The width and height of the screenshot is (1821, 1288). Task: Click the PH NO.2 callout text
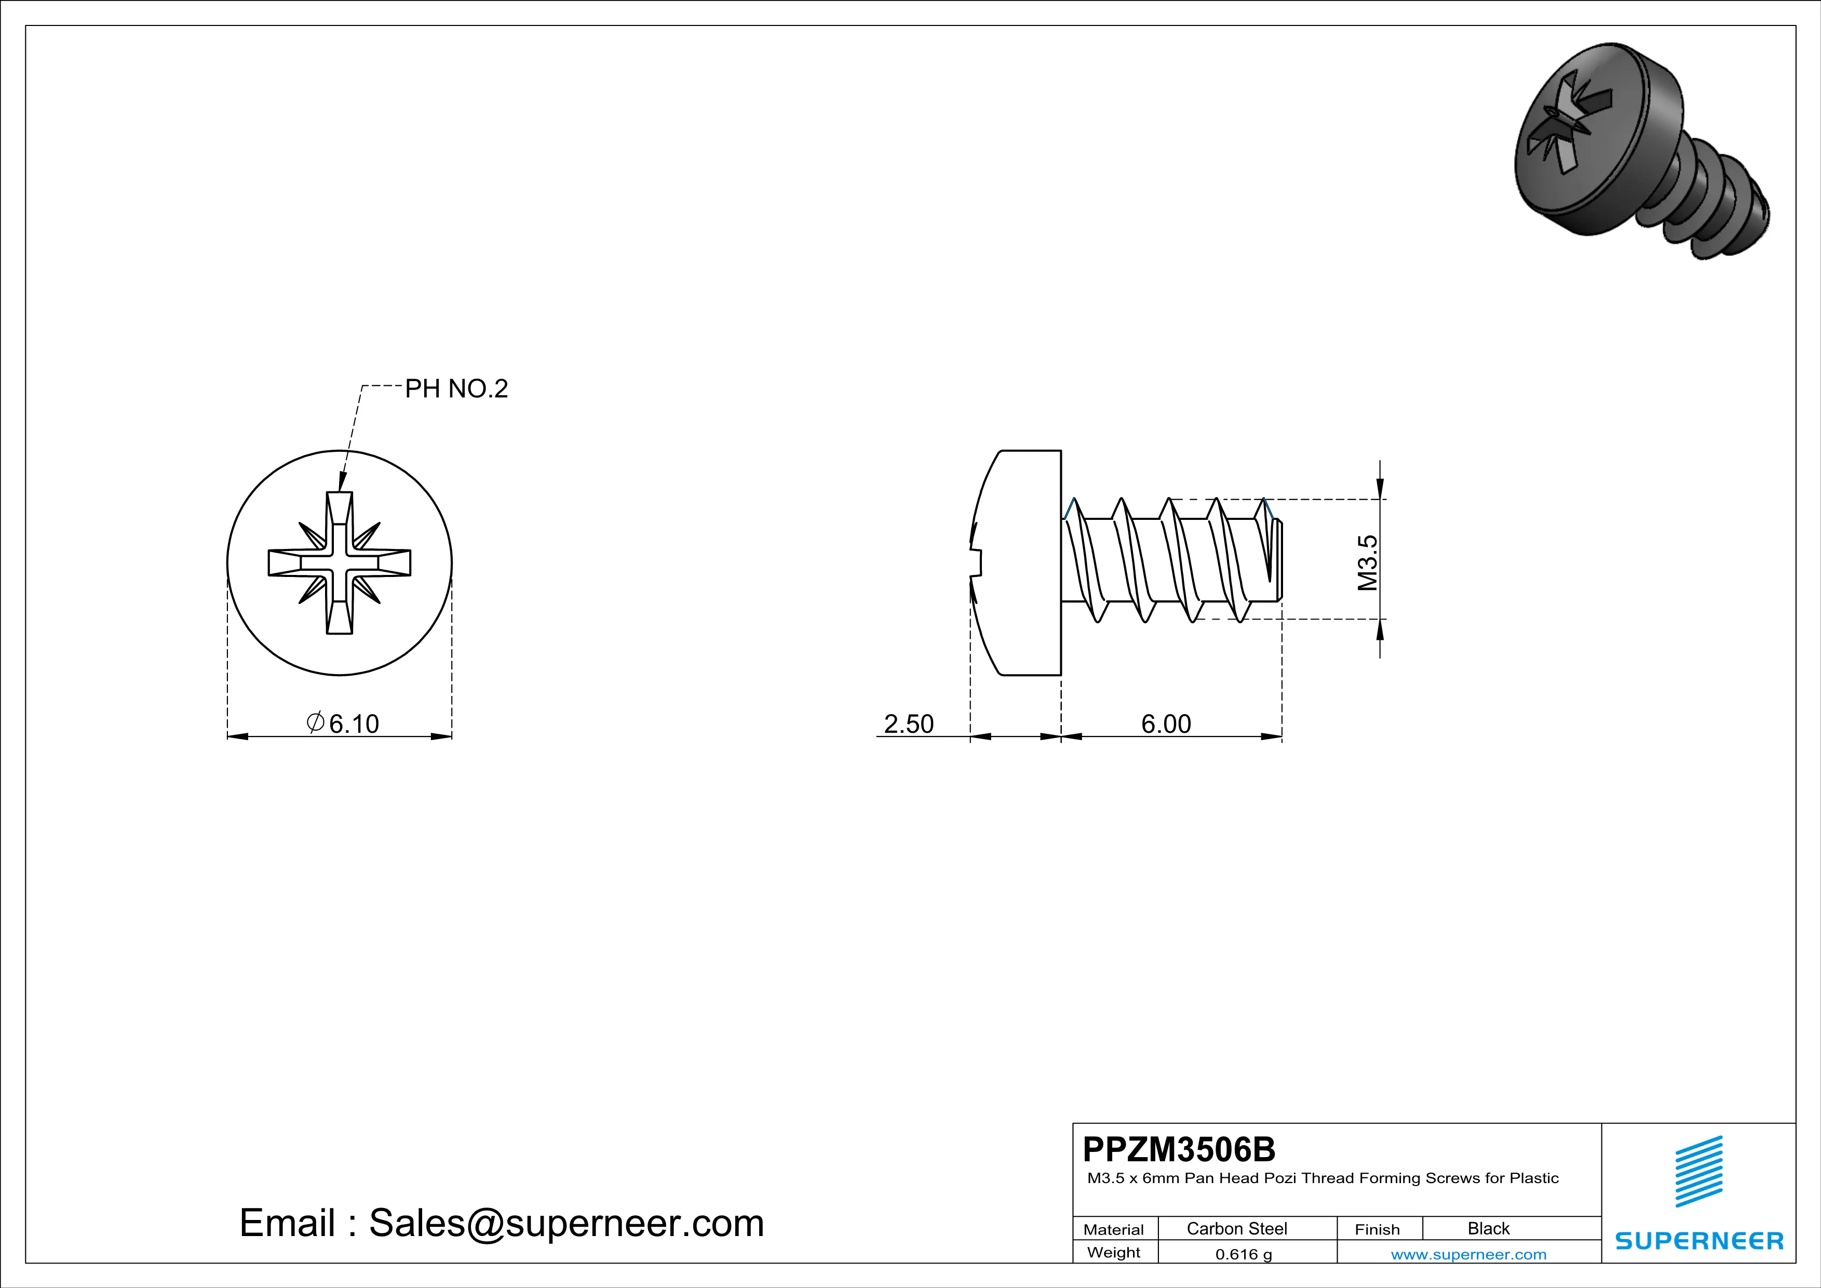coord(456,388)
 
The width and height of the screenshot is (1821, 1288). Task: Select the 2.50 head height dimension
coord(908,723)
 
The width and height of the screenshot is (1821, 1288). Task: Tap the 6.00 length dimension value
coord(1166,723)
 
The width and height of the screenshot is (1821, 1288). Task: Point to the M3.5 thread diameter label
coord(1367,562)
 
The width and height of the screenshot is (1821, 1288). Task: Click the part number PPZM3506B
coord(1179,1148)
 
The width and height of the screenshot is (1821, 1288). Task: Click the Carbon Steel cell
coord(1236,1228)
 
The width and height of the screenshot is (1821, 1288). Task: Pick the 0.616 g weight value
coord(1243,1254)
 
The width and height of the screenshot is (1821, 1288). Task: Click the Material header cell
coord(1114,1229)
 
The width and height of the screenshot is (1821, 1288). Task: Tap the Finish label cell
coord(1377,1229)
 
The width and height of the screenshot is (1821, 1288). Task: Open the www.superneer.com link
coord(1468,1254)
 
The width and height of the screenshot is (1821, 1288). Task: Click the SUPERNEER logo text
coord(1699,1240)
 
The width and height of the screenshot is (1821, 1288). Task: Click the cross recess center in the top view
coord(340,562)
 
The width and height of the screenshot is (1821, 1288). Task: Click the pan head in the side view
coord(1023,562)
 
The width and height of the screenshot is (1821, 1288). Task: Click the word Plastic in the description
coord(1534,1178)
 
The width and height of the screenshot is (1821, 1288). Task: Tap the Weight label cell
coord(1114,1252)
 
